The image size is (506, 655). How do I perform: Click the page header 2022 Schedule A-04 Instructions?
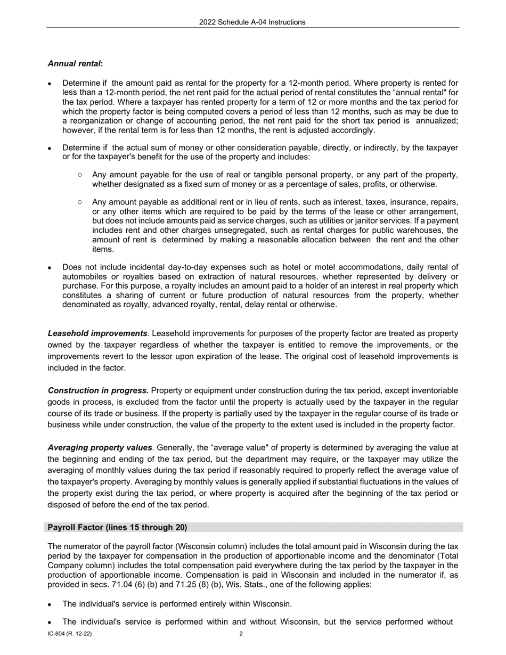(x=252, y=22)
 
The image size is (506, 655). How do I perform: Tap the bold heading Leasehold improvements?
(x=97, y=333)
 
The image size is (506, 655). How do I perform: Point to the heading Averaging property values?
(x=100, y=448)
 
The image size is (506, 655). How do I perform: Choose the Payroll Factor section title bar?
(x=117, y=527)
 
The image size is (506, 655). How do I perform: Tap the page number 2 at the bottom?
(x=241, y=634)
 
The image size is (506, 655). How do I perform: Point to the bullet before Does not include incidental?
(x=50, y=267)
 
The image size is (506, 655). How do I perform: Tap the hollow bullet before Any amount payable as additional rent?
(x=80, y=202)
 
